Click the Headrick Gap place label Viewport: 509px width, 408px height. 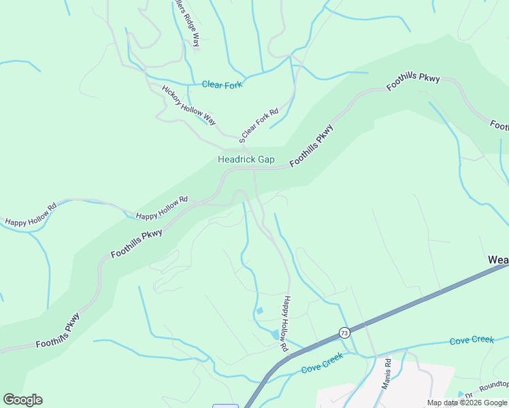tap(246, 160)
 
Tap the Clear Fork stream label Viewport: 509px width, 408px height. tap(222, 85)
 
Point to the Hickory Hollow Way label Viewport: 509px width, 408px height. tap(188, 105)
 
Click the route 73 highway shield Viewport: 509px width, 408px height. tap(344, 333)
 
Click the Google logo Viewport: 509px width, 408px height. tap(22, 400)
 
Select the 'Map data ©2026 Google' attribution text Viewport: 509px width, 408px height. tap(467, 403)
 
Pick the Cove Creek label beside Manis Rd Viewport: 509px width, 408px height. tap(472, 339)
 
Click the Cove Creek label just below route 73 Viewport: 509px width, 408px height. tap(323, 367)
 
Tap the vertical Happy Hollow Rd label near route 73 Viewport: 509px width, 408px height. tap(286, 324)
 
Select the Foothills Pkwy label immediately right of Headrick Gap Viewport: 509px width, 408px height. tap(312, 146)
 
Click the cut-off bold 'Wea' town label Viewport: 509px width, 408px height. tap(497, 260)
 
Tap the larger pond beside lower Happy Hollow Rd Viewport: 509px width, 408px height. tap(275, 335)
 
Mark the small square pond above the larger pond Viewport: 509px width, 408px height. tap(259, 311)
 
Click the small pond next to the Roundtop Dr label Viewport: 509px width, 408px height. tap(461, 394)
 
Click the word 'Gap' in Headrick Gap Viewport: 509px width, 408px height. tap(265, 160)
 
